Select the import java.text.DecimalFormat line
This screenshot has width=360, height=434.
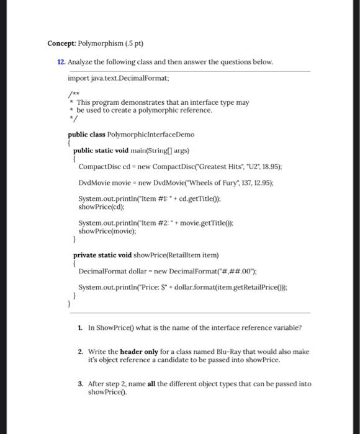114,79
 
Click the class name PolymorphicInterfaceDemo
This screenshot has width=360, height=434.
151,134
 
